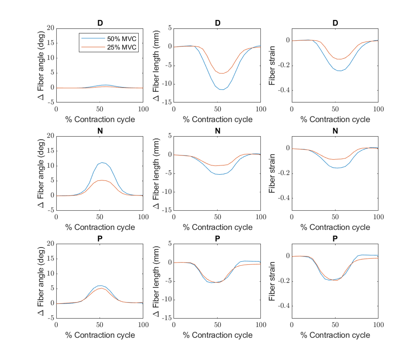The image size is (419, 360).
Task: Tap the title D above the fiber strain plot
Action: coord(335,23)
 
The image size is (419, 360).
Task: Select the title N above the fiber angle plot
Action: coord(100,131)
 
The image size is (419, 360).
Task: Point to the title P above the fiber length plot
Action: coord(218,239)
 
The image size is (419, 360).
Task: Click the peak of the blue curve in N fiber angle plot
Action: coord(102,163)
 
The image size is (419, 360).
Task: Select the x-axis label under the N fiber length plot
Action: coord(218,227)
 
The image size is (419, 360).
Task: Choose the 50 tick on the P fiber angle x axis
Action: coord(100,325)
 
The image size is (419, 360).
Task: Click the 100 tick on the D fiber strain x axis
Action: coord(378,109)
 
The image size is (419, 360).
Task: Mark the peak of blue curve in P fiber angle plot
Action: coord(100,286)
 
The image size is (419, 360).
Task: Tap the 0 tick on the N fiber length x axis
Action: coord(174,217)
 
